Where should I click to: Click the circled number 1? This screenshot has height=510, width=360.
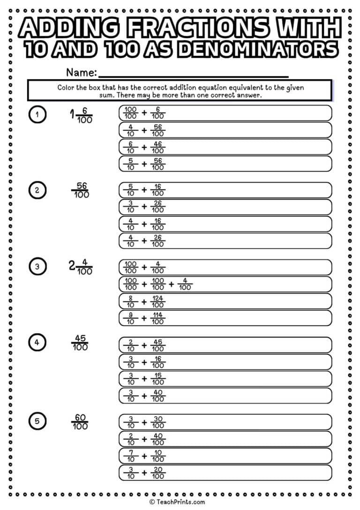click(37, 114)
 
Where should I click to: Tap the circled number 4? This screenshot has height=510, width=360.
click(37, 343)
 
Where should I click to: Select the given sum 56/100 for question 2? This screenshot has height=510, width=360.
click(82, 190)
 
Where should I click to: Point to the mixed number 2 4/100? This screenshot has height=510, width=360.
click(80, 267)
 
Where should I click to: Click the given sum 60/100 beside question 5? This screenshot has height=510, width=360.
click(80, 422)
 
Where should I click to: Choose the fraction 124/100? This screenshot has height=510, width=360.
click(158, 301)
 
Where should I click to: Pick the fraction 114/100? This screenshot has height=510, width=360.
click(158, 318)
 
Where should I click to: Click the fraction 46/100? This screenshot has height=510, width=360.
click(158, 147)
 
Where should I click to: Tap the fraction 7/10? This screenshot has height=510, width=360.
click(131, 456)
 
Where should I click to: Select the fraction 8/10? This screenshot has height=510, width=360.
click(131, 301)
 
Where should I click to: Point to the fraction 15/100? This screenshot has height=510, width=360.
click(158, 379)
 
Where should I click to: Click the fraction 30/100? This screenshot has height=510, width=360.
click(158, 422)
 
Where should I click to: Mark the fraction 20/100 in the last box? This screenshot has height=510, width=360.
click(158, 472)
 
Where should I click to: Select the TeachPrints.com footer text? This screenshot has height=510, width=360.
click(180, 502)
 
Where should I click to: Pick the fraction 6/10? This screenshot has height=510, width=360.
click(131, 147)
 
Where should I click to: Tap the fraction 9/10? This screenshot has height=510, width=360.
click(131, 318)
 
